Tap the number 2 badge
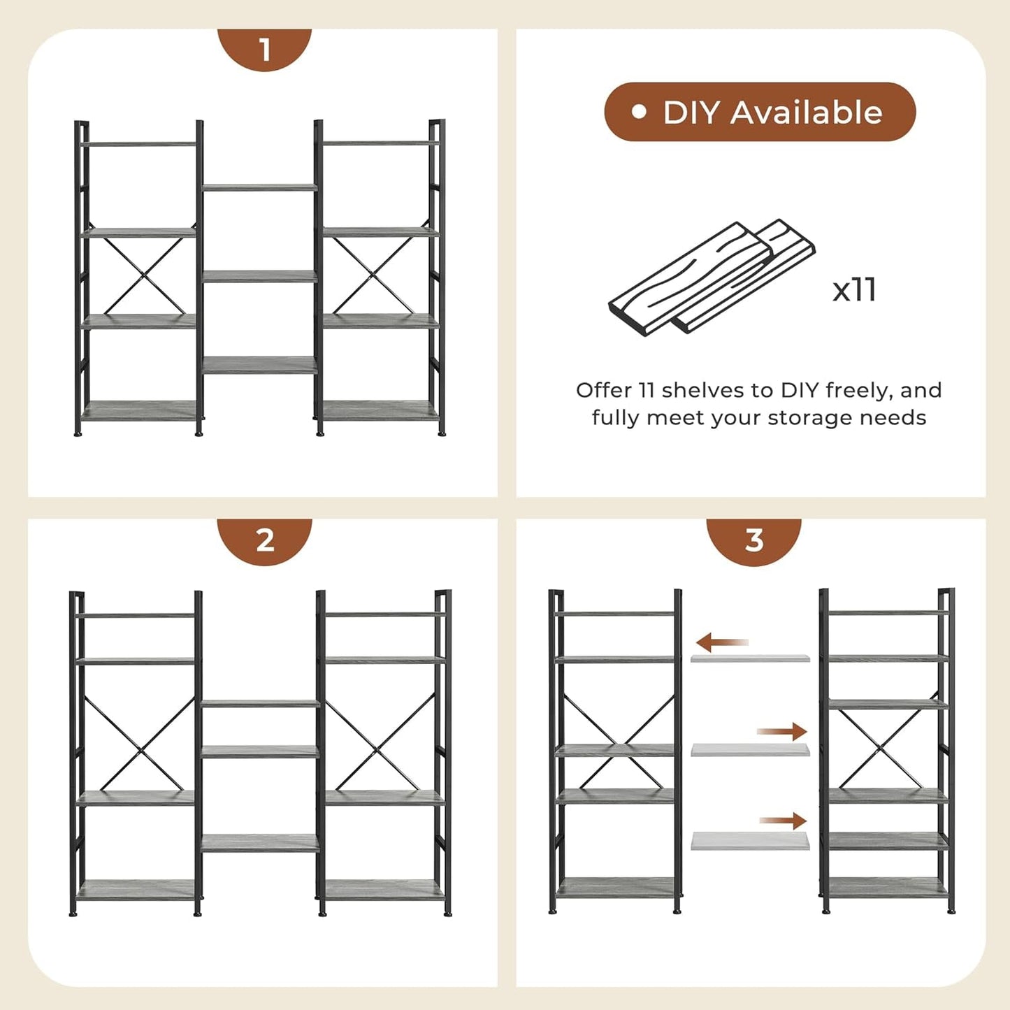[x=264, y=540]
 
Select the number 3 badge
[x=753, y=540]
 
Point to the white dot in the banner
[x=638, y=112]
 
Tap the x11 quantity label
[x=854, y=289]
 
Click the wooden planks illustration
[x=712, y=279]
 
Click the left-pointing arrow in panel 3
[x=722, y=642]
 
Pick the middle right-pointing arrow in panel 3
[x=782, y=732]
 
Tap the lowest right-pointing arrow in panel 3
[x=784, y=821]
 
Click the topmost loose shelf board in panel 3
[x=750, y=658]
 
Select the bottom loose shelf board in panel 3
[x=750, y=841]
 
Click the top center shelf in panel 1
[x=259, y=187]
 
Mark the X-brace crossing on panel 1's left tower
[x=144, y=275]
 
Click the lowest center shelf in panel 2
[x=259, y=842]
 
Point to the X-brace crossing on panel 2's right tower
[x=378, y=749]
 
